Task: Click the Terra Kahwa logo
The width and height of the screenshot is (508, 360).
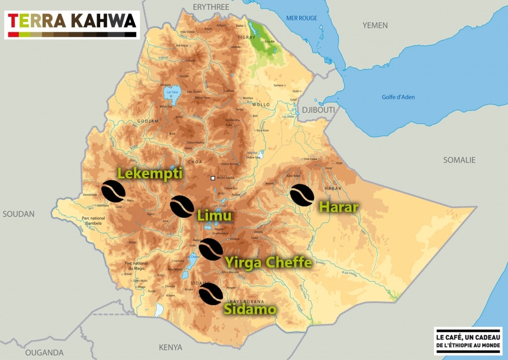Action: [72, 24]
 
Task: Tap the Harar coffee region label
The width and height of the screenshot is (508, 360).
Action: [338, 207]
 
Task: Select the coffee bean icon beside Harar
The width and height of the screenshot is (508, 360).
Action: [302, 194]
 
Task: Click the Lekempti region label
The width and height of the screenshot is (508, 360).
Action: [150, 173]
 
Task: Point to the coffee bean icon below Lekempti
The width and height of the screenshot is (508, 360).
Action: [113, 191]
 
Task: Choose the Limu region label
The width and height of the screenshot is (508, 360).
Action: [214, 216]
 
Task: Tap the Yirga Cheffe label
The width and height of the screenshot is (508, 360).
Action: [268, 262]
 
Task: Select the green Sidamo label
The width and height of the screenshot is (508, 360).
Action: [250, 309]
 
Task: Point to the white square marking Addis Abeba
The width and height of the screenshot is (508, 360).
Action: [213, 178]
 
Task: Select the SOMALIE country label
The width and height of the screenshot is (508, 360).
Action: [459, 160]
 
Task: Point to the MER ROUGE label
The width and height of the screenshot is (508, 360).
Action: [301, 18]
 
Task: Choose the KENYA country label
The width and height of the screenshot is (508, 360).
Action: [170, 347]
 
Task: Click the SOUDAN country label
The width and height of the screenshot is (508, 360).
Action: [18, 214]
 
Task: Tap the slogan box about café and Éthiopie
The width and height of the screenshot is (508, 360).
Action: [468, 341]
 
